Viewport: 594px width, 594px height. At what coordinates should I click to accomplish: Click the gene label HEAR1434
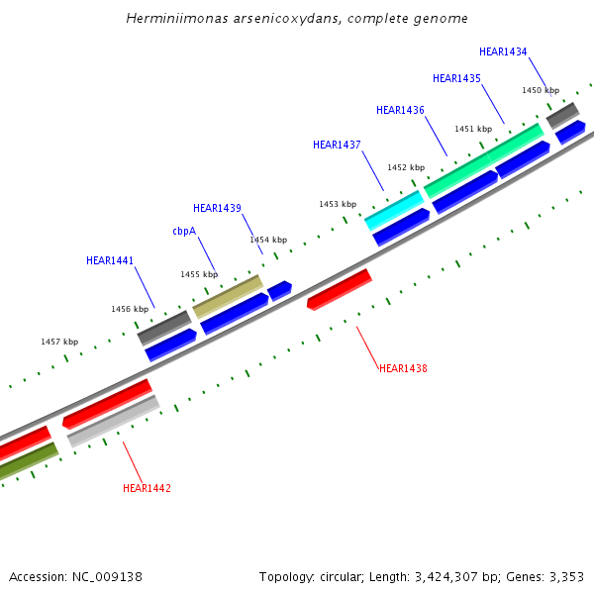click(503, 51)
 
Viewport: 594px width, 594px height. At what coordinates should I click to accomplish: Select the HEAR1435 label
click(456, 78)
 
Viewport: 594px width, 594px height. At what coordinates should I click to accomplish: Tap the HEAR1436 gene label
click(400, 110)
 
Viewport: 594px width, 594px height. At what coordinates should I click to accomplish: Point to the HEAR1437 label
click(337, 145)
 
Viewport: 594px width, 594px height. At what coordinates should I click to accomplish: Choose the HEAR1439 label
click(217, 208)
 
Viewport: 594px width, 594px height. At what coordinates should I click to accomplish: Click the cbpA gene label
click(184, 231)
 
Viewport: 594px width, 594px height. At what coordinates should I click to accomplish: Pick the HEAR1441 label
click(110, 261)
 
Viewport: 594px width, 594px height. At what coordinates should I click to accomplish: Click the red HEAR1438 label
click(403, 368)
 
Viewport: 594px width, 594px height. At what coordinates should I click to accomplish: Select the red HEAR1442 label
click(147, 488)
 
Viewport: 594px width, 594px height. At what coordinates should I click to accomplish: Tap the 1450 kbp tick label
click(541, 90)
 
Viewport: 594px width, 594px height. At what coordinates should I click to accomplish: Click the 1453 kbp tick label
click(337, 204)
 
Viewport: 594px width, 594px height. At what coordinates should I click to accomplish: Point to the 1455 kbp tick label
click(198, 274)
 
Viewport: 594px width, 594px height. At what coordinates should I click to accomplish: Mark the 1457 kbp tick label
click(59, 342)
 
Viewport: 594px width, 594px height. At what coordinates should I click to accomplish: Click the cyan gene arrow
click(394, 210)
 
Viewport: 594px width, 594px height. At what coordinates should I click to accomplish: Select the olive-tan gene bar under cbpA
click(228, 296)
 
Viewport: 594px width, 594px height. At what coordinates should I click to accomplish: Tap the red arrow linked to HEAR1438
click(339, 288)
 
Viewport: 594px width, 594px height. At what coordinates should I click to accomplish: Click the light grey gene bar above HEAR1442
click(114, 421)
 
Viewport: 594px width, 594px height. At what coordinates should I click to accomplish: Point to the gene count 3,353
click(566, 576)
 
